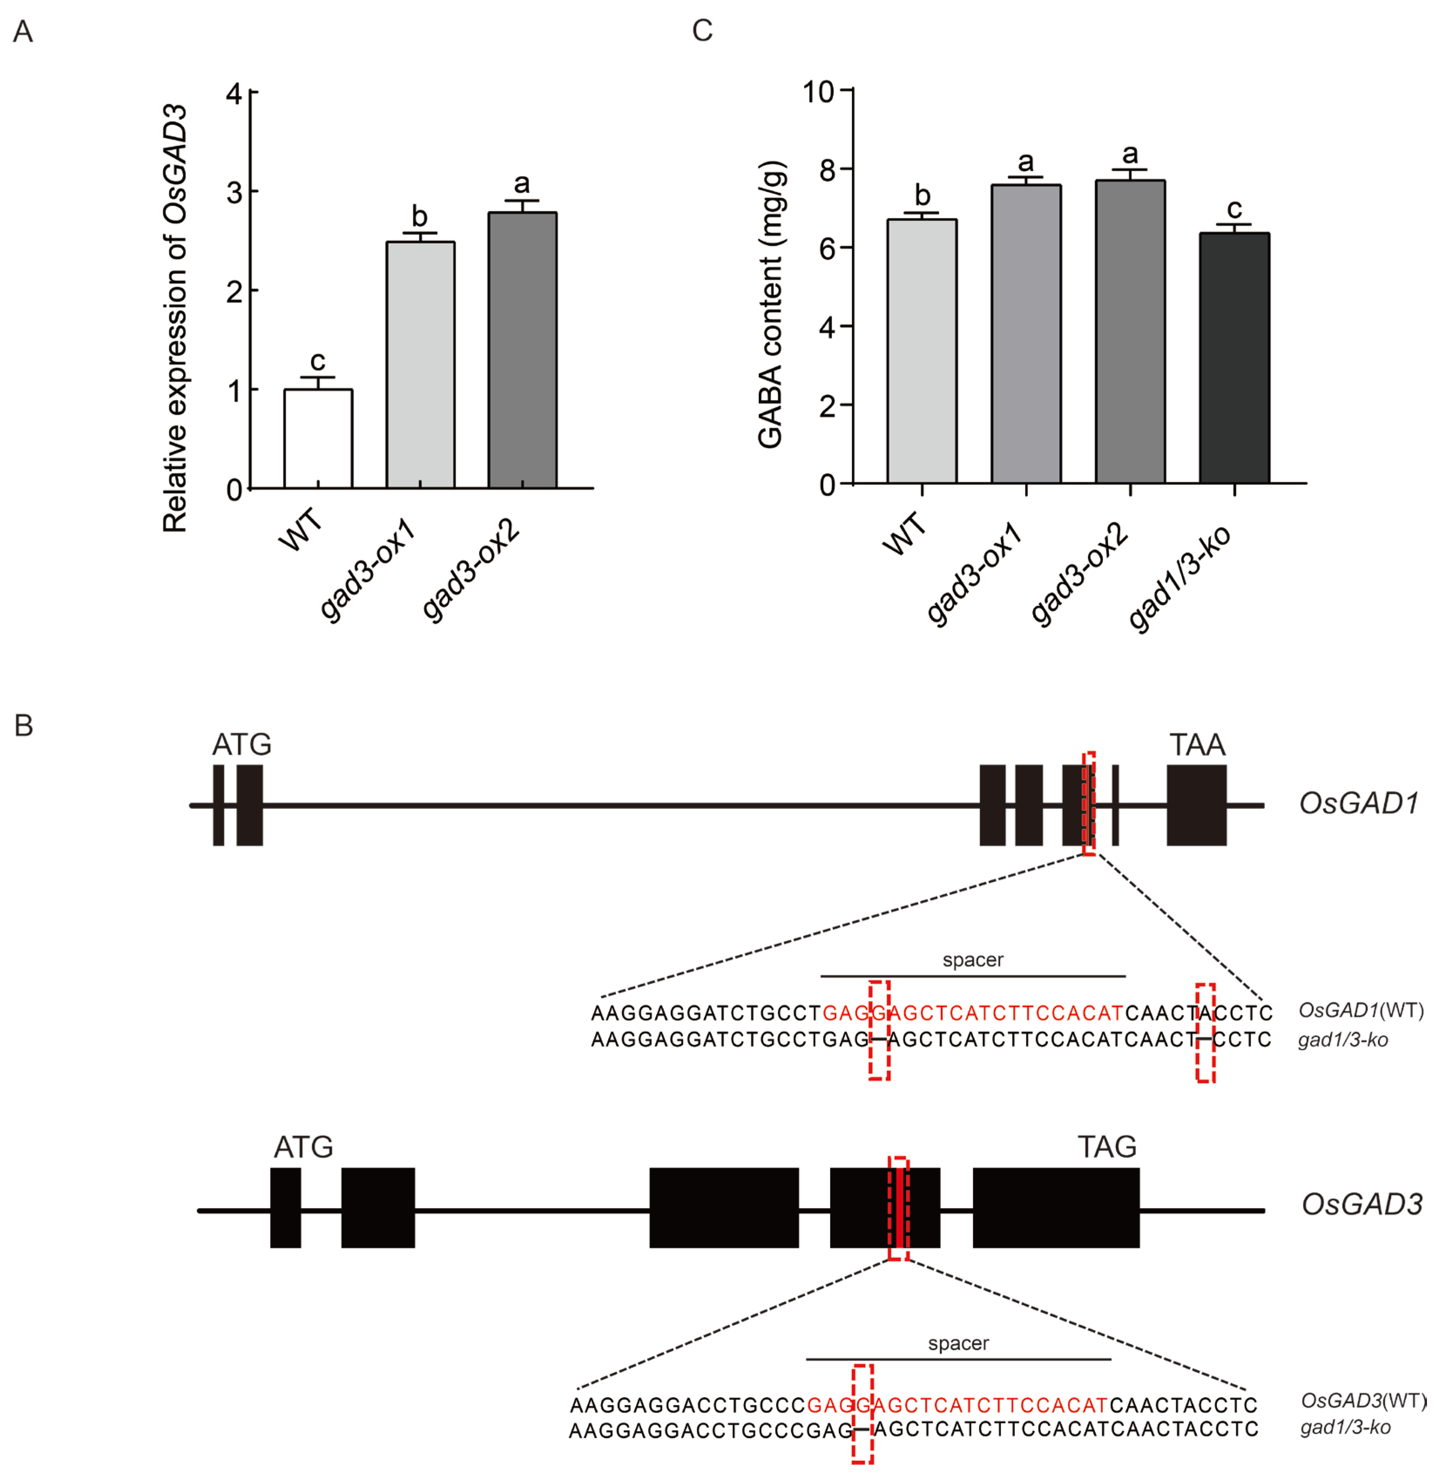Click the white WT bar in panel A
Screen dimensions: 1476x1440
[318, 439]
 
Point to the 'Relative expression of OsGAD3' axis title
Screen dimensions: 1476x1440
[176, 318]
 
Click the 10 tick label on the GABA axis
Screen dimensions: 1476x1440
[818, 92]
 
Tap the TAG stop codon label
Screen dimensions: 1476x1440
[1106, 1147]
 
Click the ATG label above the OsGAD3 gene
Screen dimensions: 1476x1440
[303, 1147]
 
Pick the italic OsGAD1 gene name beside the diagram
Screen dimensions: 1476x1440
[1358, 803]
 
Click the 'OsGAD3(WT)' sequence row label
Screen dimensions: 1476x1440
[1363, 1400]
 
